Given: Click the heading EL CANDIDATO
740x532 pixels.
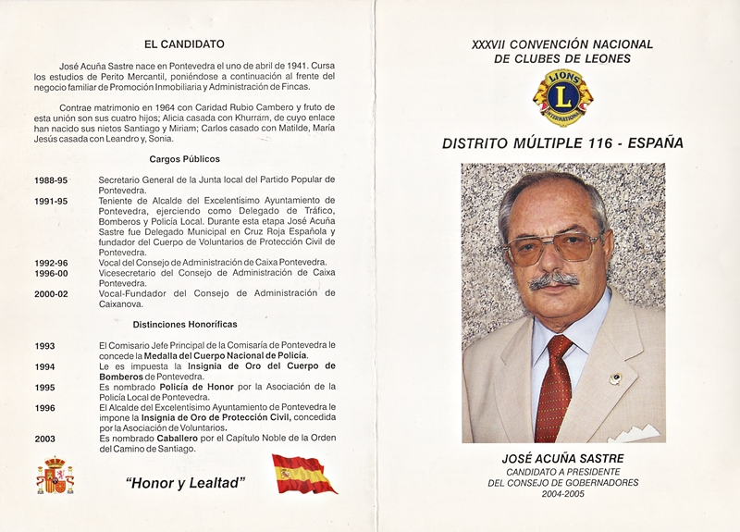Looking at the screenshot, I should point(184,43).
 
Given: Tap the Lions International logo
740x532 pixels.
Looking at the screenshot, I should point(562,96).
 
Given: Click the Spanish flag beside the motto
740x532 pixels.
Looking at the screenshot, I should point(303,474).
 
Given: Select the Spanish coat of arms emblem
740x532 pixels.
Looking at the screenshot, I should point(55,476).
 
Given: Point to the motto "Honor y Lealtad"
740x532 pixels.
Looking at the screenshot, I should point(185,481).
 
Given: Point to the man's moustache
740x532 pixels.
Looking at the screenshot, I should point(553,278).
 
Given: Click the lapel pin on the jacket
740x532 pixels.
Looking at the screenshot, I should point(615,378).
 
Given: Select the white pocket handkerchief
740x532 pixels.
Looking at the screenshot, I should point(635,432).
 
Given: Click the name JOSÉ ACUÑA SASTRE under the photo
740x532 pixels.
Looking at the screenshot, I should point(561,458).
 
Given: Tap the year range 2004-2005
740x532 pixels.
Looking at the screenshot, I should point(562,494).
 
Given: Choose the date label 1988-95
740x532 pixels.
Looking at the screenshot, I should point(51,179).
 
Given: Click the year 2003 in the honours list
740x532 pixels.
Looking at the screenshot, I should point(44,439).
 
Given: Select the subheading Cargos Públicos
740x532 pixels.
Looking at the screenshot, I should point(184,159).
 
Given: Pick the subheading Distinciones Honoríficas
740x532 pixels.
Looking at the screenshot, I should point(184,325).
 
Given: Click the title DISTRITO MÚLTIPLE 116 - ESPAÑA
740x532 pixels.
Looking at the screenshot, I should point(562,143).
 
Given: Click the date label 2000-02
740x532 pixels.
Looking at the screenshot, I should point(51,293).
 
